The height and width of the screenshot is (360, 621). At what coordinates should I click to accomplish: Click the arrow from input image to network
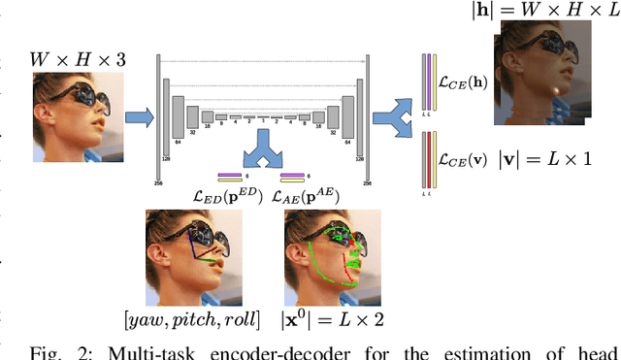click(137, 117)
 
